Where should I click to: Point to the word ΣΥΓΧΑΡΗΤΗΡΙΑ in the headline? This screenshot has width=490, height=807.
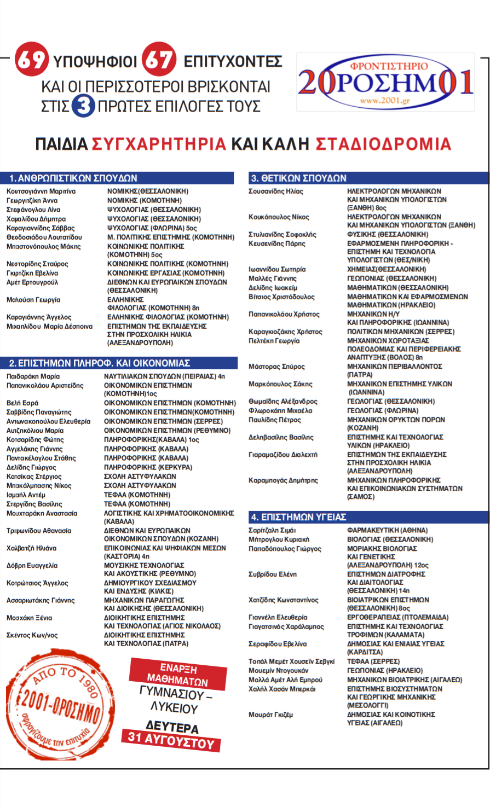coord(159,144)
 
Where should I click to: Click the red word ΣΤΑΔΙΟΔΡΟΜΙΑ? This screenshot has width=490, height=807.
coord(383,144)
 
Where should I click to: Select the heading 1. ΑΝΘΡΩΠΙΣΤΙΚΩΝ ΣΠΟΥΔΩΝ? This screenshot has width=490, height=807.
coord(73,178)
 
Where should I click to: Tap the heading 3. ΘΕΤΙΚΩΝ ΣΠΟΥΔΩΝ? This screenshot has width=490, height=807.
coord(298,178)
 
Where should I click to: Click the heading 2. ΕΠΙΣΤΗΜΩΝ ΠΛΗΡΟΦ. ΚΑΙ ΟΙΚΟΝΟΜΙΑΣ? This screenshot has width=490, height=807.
coord(100,363)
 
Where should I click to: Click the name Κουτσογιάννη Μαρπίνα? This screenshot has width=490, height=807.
coord(41,191)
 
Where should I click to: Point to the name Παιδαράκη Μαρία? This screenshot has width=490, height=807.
coord(33,376)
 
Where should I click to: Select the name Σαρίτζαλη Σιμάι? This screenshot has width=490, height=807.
coord(272,530)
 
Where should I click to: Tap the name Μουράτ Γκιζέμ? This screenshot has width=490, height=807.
coord(271,715)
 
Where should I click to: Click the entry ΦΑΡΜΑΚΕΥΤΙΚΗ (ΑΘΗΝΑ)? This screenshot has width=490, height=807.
coord(388,530)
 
